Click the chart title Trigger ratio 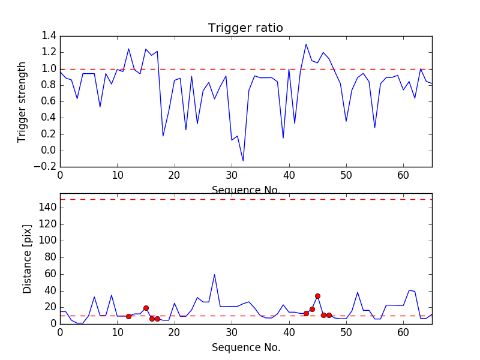pyautogui.click(x=245, y=28)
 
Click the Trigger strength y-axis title pyautogui.click(x=22, y=101)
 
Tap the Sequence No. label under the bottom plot pyautogui.click(x=245, y=347)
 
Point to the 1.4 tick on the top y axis pyautogui.click(x=49, y=36)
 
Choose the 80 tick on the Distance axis pyautogui.click(x=49, y=257)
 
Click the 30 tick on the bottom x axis pyautogui.click(x=232, y=332)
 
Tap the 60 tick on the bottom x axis pyautogui.click(x=403, y=332)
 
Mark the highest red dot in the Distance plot pyautogui.click(x=317, y=296)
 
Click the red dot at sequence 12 pyautogui.click(x=128, y=316)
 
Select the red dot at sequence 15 pyautogui.click(x=146, y=308)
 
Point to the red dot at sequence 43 pyautogui.click(x=306, y=313)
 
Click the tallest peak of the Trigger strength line pyautogui.click(x=306, y=44)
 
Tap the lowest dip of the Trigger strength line pyautogui.click(x=243, y=161)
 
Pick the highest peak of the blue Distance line pyautogui.click(x=214, y=275)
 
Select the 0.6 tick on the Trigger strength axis pyautogui.click(x=49, y=101)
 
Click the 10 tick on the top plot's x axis pyautogui.click(x=117, y=176)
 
